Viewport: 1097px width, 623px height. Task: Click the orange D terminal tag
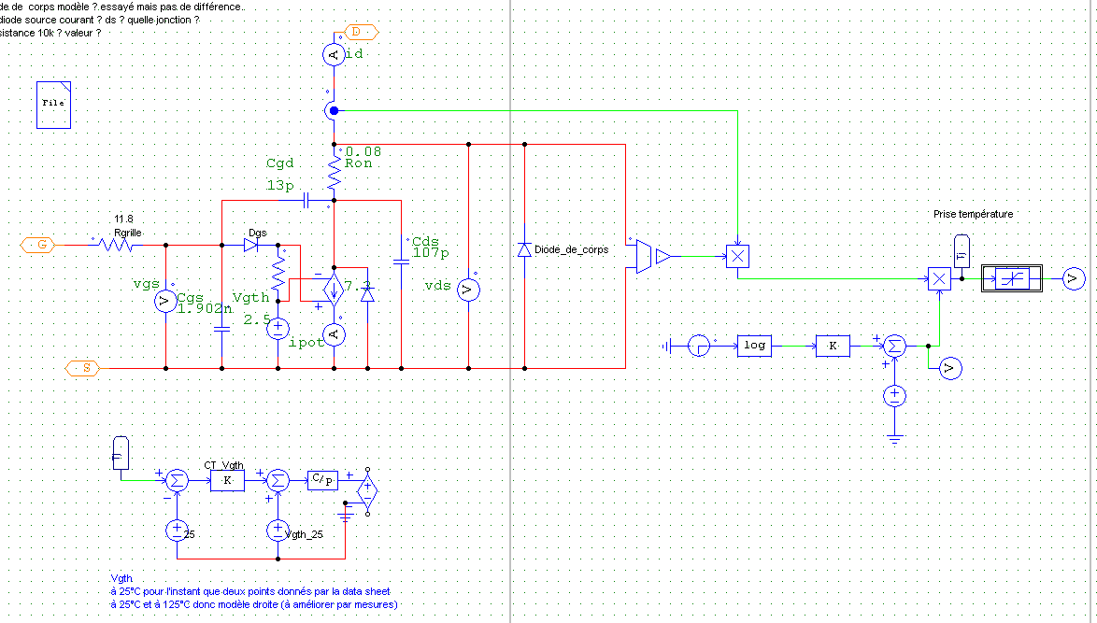click(361, 32)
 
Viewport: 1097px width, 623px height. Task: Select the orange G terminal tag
click(38, 245)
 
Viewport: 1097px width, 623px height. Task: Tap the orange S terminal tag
click(83, 367)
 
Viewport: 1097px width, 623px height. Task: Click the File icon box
click(53, 104)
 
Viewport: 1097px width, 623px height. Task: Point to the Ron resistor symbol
click(334, 171)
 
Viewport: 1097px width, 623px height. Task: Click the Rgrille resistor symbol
click(118, 246)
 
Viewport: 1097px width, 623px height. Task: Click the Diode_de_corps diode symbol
click(524, 249)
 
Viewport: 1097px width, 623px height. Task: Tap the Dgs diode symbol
click(251, 246)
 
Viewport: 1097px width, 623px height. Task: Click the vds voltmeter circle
click(468, 290)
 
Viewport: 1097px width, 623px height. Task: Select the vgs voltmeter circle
click(165, 301)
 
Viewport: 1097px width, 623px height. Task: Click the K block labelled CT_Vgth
click(226, 480)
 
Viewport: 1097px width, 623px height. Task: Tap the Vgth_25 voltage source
click(278, 531)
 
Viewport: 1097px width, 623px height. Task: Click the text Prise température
click(973, 214)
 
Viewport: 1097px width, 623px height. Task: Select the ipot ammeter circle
click(334, 333)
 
